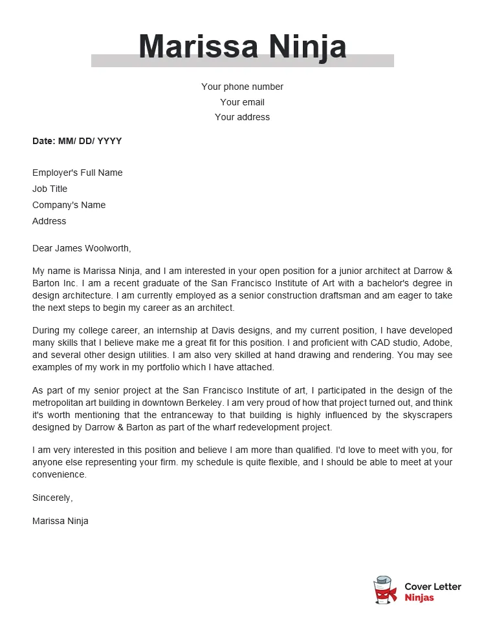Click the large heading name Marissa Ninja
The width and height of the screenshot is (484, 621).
[x=242, y=47]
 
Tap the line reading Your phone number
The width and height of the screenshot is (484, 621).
[x=242, y=87]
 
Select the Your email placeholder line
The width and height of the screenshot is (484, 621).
[x=242, y=102]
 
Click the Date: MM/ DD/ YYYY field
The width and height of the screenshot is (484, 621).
[x=77, y=141]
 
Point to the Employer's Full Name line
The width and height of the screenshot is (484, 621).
[x=77, y=173]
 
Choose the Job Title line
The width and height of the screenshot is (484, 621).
[x=50, y=189]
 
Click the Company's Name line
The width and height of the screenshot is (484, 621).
[x=69, y=205]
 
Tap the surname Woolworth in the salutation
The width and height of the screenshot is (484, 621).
[x=107, y=248]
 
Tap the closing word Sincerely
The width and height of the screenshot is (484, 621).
[x=52, y=498]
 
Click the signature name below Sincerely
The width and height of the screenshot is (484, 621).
[x=60, y=521]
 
